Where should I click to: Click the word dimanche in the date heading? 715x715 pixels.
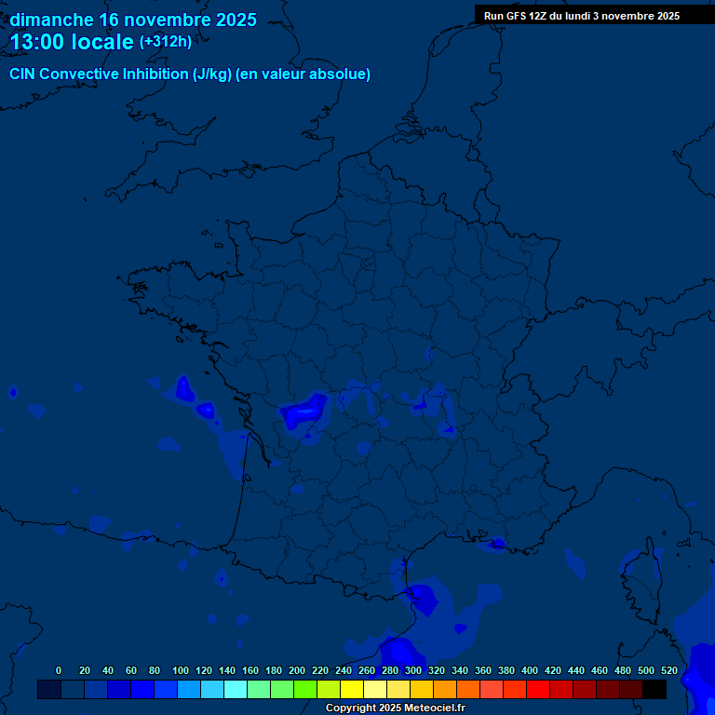(x=50, y=20)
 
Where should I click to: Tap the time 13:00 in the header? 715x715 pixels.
(x=38, y=42)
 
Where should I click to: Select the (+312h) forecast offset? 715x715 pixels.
(x=165, y=42)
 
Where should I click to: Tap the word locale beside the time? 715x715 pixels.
(x=102, y=42)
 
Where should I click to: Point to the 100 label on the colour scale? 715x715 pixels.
(x=181, y=670)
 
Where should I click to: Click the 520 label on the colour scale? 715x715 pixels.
(x=669, y=670)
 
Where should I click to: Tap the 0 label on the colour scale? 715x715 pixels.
(x=59, y=670)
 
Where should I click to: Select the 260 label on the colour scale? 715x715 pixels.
(x=367, y=670)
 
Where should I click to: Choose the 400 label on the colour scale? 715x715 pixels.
(x=530, y=670)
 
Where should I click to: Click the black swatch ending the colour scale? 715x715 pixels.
(x=654, y=689)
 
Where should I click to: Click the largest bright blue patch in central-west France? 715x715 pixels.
(x=305, y=409)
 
